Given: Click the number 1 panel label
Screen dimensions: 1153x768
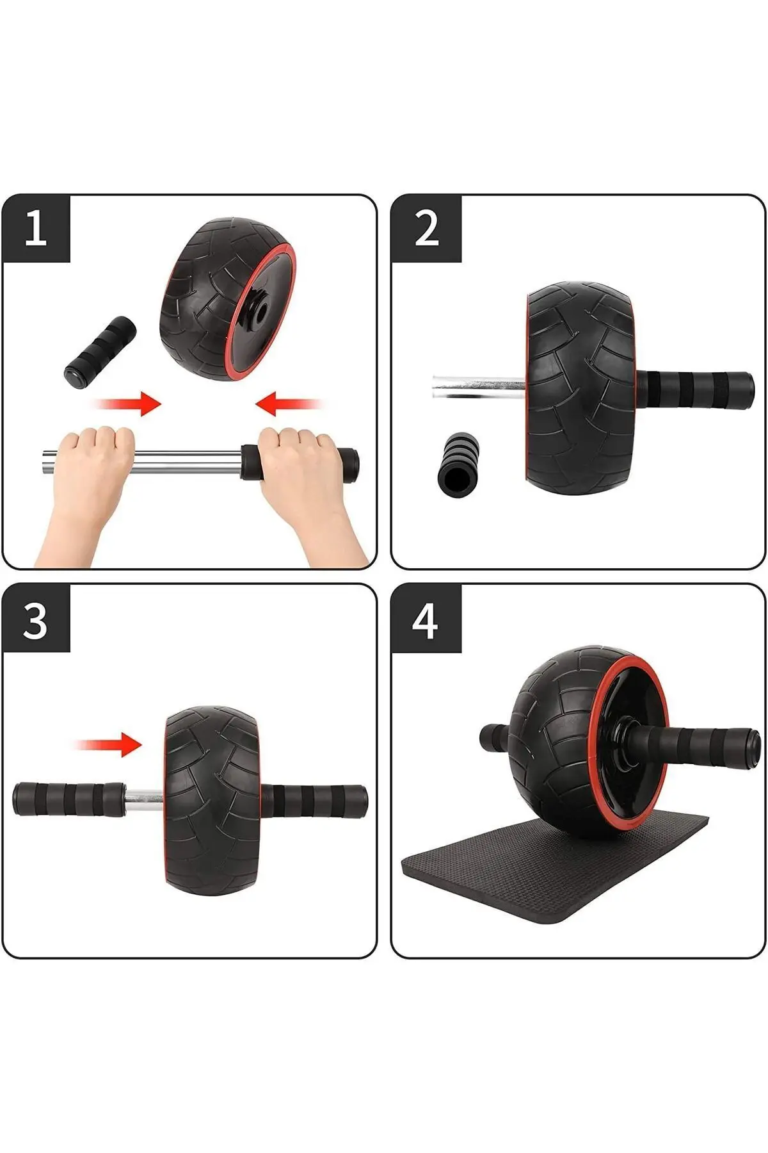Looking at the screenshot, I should click(35, 229).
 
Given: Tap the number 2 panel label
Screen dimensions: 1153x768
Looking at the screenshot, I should click(426, 229).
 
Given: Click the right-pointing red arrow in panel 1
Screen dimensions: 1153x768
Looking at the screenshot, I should click(128, 404).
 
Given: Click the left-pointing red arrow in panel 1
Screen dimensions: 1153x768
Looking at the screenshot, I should click(288, 404).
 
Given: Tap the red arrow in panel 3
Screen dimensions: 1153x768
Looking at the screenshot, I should click(109, 744).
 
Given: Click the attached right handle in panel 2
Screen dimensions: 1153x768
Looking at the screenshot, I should click(694, 389).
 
